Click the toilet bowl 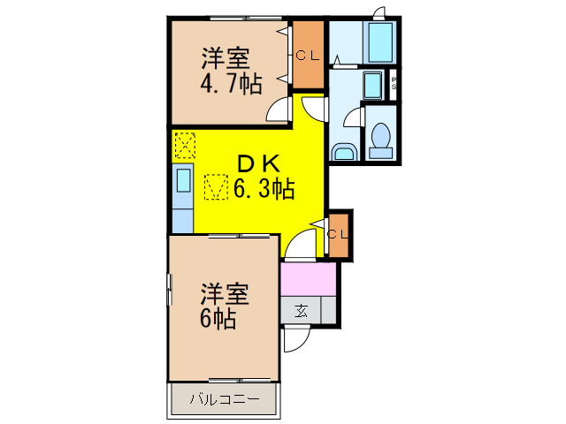[x=380, y=138]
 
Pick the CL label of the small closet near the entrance [x=338, y=234]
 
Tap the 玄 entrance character [x=302, y=310]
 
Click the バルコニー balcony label [x=225, y=400]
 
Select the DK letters [x=256, y=163]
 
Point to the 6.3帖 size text [x=264, y=187]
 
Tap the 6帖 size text [x=217, y=318]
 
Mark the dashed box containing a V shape [x=216, y=186]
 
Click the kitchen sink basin [x=183, y=180]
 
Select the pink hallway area [x=308, y=280]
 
